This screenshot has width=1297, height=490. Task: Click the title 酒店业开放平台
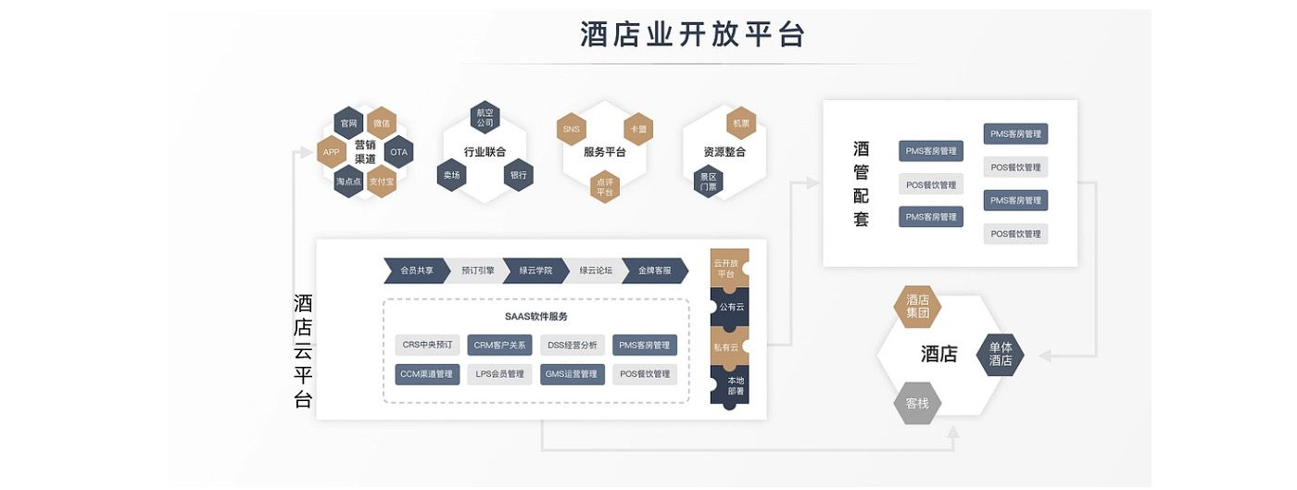[x=692, y=34]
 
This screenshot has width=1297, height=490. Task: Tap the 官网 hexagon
[x=348, y=123]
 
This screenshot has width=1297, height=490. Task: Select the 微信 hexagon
[x=382, y=123]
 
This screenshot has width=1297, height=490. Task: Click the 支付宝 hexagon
[x=382, y=182]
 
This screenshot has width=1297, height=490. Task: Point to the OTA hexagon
[x=398, y=152]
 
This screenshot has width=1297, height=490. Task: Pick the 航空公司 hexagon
[x=485, y=117]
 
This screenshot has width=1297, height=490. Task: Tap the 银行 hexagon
[x=518, y=175]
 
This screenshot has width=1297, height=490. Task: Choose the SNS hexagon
[x=571, y=129]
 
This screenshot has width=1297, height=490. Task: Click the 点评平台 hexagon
[x=604, y=186]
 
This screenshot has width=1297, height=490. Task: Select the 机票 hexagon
[x=741, y=123]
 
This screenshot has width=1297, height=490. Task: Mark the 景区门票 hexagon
[x=708, y=181]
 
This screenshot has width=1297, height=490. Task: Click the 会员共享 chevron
[x=416, y=270]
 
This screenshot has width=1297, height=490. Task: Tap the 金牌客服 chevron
[x=654, y=270]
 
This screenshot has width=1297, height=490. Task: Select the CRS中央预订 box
[x=426, y=346]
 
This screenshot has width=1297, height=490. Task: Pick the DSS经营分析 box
[x=572, y=346]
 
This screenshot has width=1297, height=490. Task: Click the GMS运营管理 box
[x=572, y=374]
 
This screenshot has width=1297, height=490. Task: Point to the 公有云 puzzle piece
[x=729, y=307]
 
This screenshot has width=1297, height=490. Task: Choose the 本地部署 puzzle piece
[x=735, y=385]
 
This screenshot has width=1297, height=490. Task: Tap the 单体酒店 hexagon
[x=1001, y=355]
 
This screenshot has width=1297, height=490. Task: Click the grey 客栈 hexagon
[x=917, y=404]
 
